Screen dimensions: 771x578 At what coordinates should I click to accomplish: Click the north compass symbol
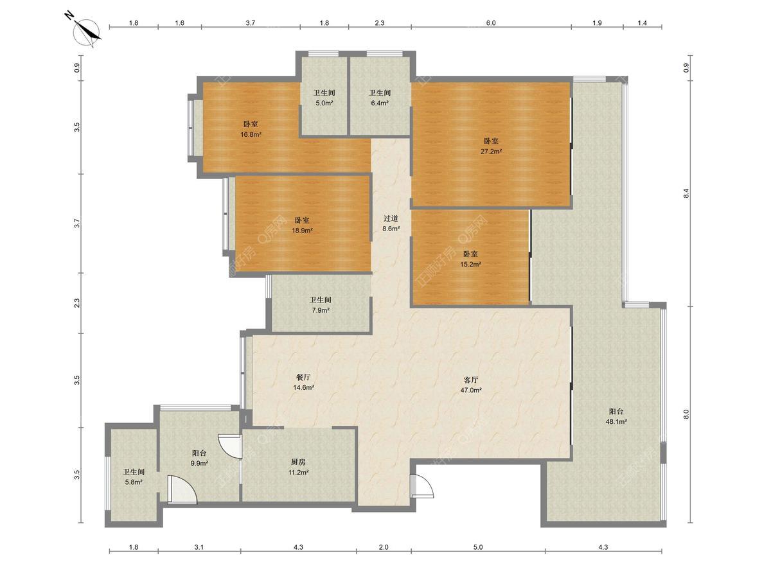point(85,31)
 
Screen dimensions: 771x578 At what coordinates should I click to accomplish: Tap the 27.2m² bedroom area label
point(491,146)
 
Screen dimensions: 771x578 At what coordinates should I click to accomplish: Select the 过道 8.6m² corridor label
point(391,223)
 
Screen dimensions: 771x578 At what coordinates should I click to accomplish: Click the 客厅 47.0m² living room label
point(471,385)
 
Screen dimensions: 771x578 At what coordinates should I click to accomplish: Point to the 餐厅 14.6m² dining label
point(303,382)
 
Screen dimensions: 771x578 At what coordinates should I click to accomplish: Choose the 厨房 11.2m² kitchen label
point(298,467)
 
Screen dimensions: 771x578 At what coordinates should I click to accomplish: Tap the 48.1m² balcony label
point(616,417)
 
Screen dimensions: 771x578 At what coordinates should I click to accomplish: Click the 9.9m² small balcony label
point(199,458)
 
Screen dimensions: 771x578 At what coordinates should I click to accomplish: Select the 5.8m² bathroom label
point(134,477)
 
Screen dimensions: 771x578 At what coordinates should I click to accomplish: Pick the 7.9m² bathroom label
point(320,305)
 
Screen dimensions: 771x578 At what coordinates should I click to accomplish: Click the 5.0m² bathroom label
point(324,98)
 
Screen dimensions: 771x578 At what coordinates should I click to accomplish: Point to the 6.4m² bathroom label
point(380,98)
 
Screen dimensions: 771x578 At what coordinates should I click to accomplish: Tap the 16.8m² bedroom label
point(251,129)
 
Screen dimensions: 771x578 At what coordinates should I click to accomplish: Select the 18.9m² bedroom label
point(302,225)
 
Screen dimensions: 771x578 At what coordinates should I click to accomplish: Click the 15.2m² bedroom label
point(470,259)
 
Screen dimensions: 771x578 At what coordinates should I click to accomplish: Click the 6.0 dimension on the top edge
point(491,23)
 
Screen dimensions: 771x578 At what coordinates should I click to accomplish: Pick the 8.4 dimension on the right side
point(686,194)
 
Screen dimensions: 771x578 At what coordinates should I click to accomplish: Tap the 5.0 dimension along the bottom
point(478,547)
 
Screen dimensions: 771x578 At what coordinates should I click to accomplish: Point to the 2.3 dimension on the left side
point(77,303)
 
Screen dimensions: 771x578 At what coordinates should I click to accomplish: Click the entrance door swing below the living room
point(422,486)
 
